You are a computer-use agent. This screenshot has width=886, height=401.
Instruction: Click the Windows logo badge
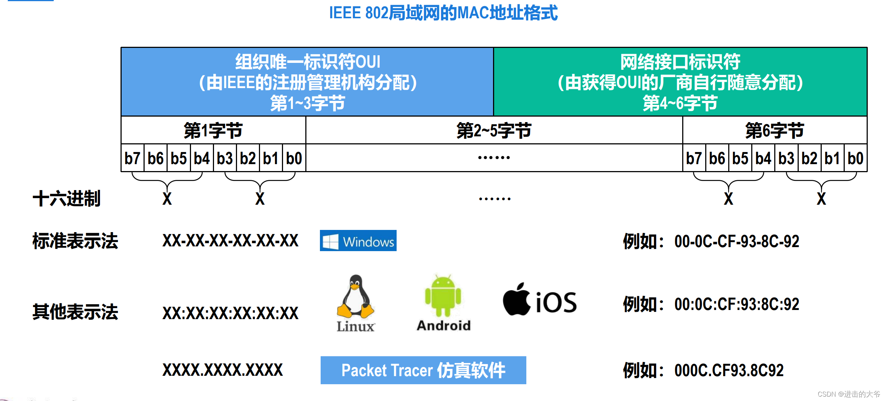click(358, 241)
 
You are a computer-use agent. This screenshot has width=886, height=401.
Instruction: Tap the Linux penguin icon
click(355, 297)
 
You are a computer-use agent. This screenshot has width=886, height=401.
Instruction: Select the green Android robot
click(443, 296)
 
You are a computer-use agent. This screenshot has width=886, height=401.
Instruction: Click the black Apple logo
click(516, 299)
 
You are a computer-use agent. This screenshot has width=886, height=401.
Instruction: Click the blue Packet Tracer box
click(423, 370)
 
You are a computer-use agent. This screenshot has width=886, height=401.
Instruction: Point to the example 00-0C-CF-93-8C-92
click(736, 241)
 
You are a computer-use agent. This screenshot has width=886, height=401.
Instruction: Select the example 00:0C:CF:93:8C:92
click(736, 304)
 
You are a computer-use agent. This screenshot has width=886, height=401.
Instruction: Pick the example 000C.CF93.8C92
click(729, 370)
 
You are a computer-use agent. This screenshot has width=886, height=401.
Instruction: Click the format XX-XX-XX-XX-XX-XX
click(230, 241)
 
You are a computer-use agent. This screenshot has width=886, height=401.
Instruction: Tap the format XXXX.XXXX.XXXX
click(222, 370)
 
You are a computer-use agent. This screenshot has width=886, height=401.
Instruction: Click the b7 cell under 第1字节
click(132, 158)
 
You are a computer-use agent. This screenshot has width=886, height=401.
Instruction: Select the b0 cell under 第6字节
click(855, 158)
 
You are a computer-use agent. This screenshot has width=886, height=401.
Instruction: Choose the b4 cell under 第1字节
click(202, 158)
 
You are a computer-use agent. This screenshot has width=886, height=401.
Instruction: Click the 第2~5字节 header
click(494, 130)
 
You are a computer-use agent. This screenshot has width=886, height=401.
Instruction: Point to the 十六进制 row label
click(66, 199)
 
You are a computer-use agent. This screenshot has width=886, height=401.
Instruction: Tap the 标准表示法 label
click(75, 241)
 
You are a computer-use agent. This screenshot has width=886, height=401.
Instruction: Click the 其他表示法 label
click(75, 312)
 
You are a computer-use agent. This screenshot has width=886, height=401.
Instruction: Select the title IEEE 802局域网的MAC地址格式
click(443, 13)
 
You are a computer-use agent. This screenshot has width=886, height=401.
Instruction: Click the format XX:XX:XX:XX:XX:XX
click(230, 313)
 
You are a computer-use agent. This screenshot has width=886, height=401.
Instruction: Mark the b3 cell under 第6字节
click(786, 158)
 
